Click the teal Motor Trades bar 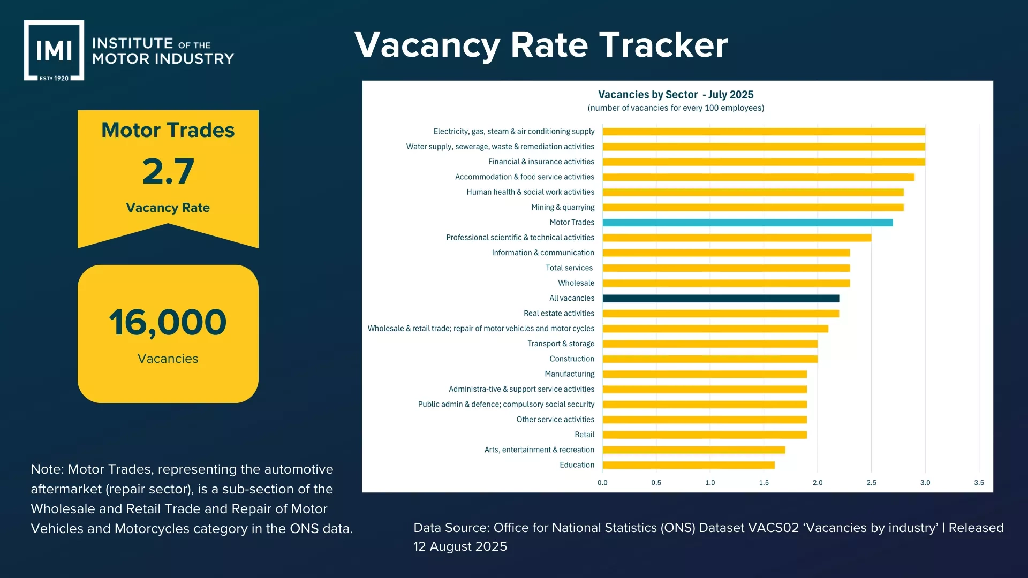[747, 223]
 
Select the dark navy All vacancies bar [721, 299]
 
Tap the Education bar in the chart [688, 465]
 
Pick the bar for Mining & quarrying [753, 208]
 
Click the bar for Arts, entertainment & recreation [693, 450]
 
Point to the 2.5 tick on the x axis [871, 483]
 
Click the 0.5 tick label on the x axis [656, 483]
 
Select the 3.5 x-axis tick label [979, 483]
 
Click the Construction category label [571, 359]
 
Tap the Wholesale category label [576, 283]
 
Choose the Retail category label [584, 435]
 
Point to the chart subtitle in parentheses [675, 108]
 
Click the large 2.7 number [168, 172]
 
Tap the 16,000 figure [168, 323]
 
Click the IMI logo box [54, 50]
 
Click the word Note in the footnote [46, 469]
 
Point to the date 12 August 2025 [460, 546]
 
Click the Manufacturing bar [704, 374]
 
